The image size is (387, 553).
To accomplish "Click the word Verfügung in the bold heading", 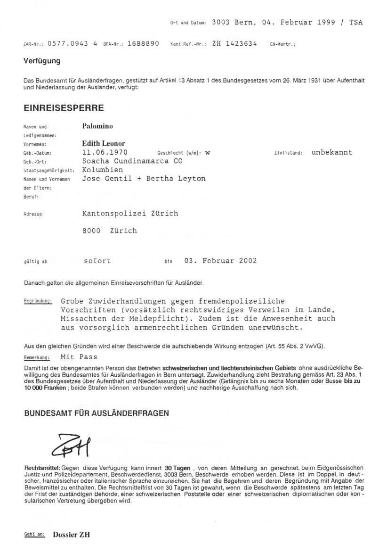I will click(42, 61).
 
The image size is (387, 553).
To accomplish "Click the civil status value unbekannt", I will click(331, 152).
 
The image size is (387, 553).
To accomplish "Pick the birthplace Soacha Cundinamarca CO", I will click(129, 161).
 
